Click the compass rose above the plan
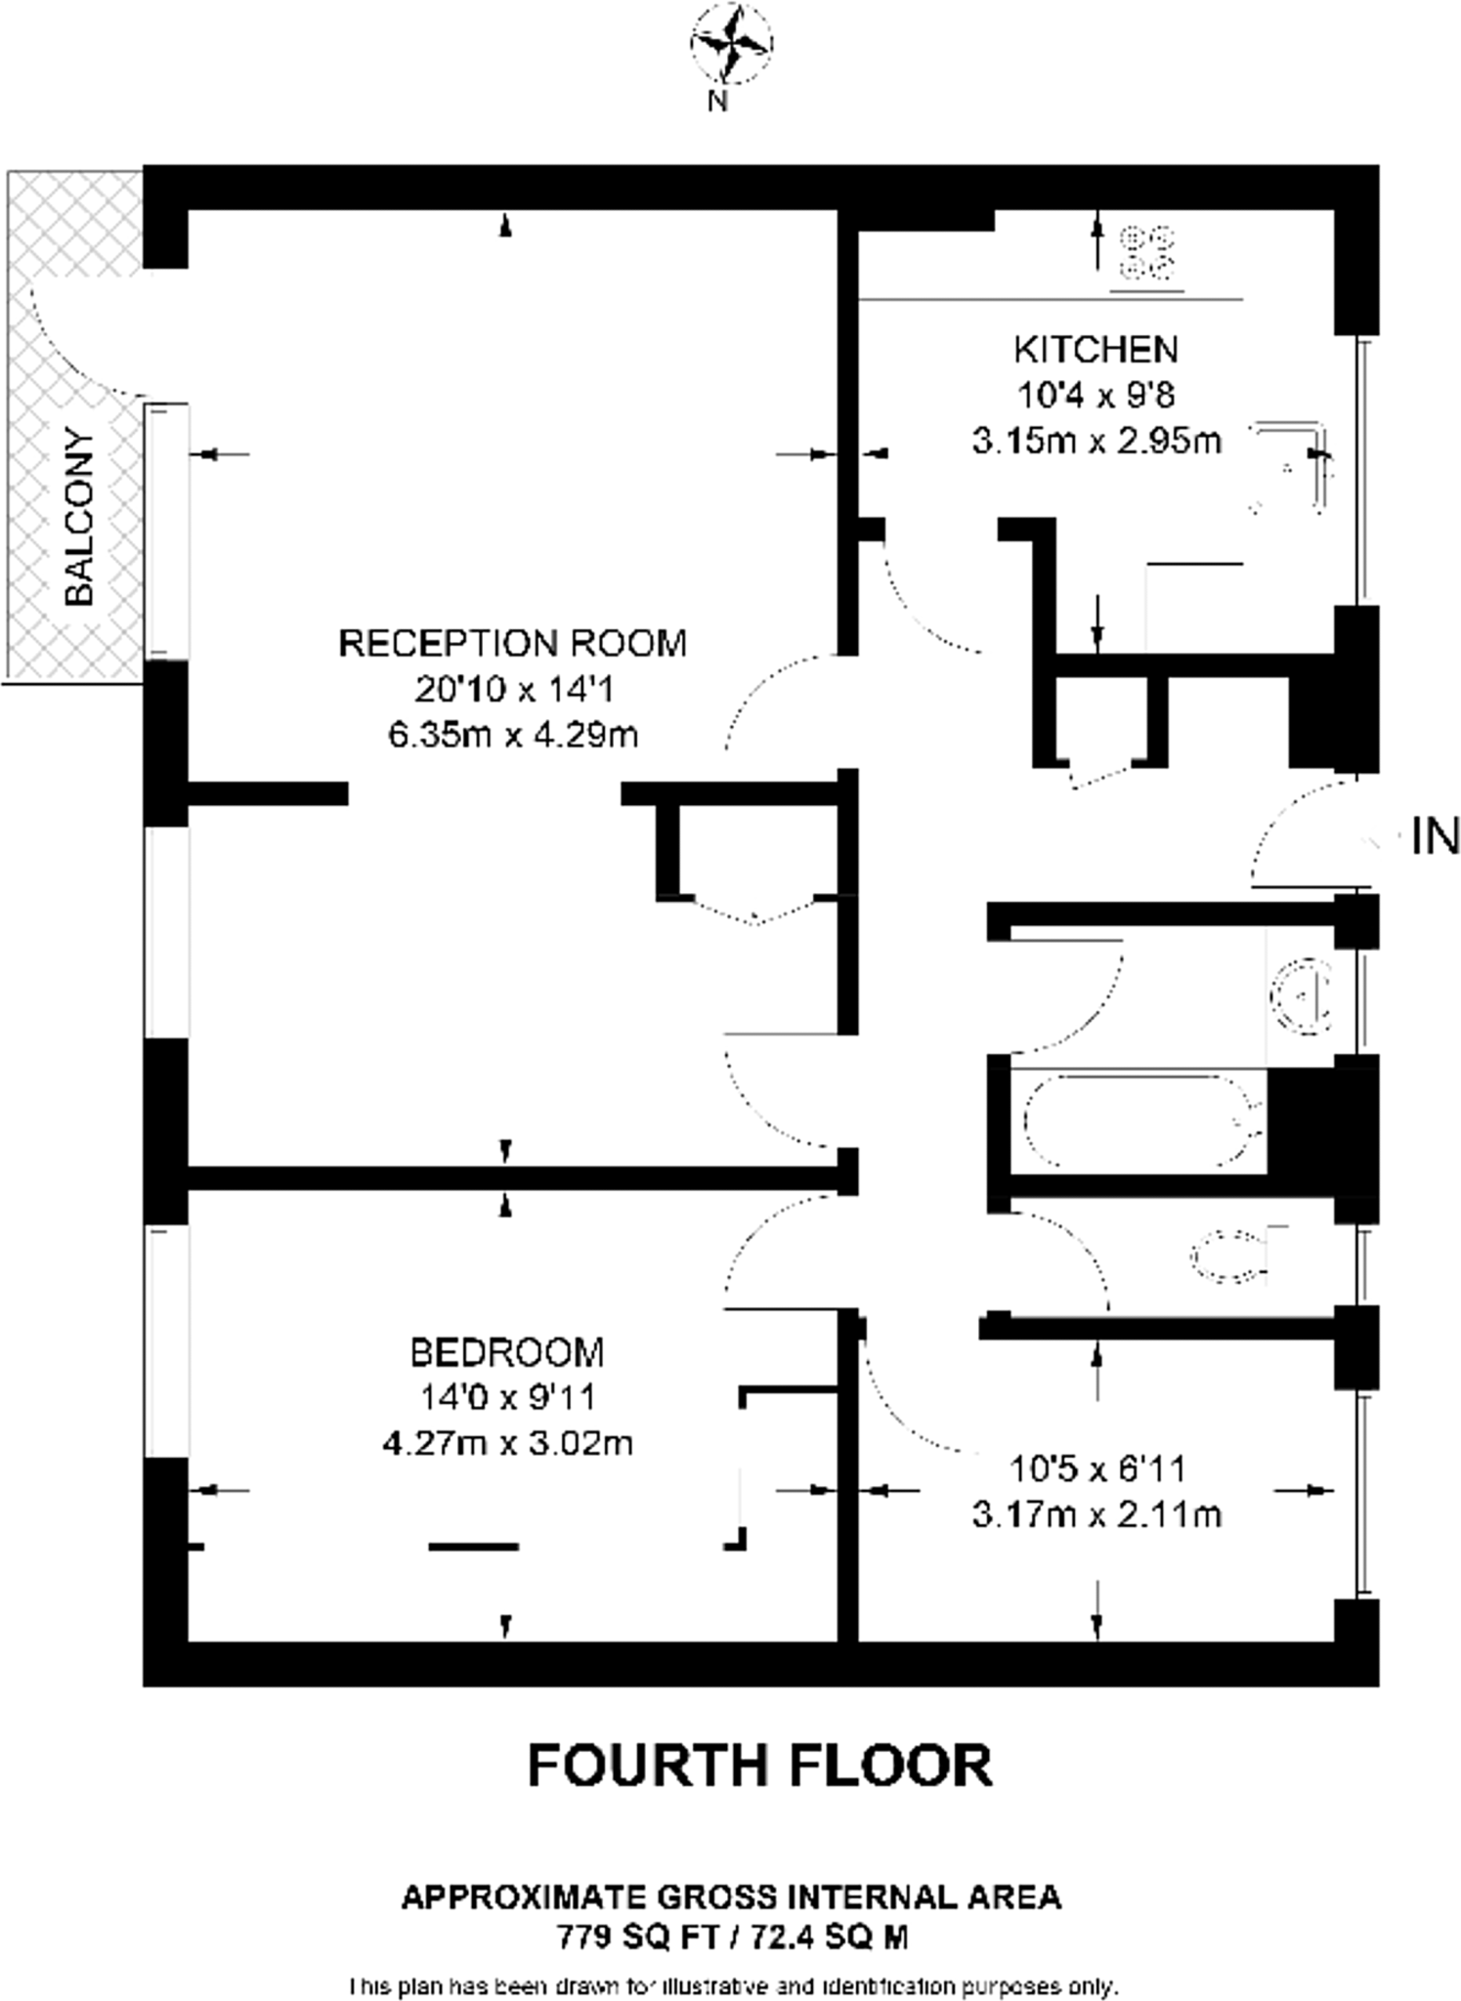pos(731,43)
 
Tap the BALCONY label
pos(79,517)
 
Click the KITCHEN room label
pos(1096,349)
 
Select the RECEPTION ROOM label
pos(512,643)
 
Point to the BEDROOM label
pos(507,1352)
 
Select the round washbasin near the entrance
pos(1302,997)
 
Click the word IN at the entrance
pos(1435,837)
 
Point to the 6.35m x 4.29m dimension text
pos(512,734)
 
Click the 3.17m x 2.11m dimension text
pos(1096,1514)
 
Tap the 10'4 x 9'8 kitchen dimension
pos(1096,396)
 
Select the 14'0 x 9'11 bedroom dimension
pos(507,1397)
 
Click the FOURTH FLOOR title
pos(759,1766)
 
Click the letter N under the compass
pos(718,101)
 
